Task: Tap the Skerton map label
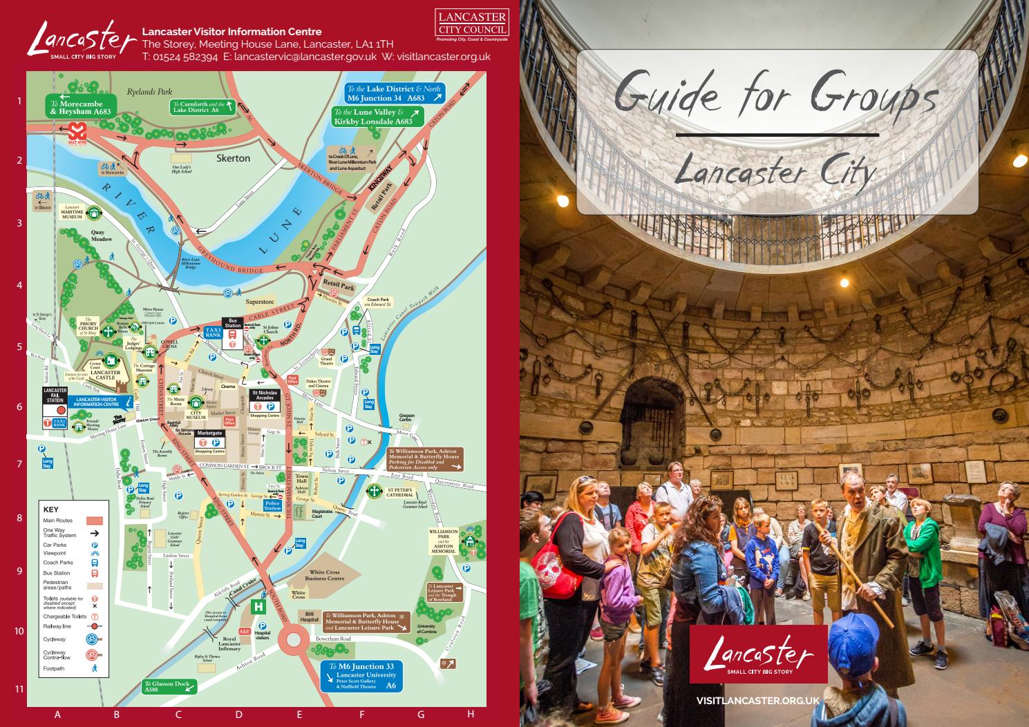[x=233, y=158]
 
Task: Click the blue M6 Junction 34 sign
[x=395, y=94]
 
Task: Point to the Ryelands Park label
[x=149, y=91]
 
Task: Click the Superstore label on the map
[x=260, y=302]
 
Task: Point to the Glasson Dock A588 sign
[x=169, y=686]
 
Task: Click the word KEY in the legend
[x=51, y=510]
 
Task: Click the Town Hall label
[x=301, y=479]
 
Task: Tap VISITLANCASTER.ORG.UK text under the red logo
[x=758, y=700]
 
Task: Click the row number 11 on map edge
[x=19, y=688]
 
